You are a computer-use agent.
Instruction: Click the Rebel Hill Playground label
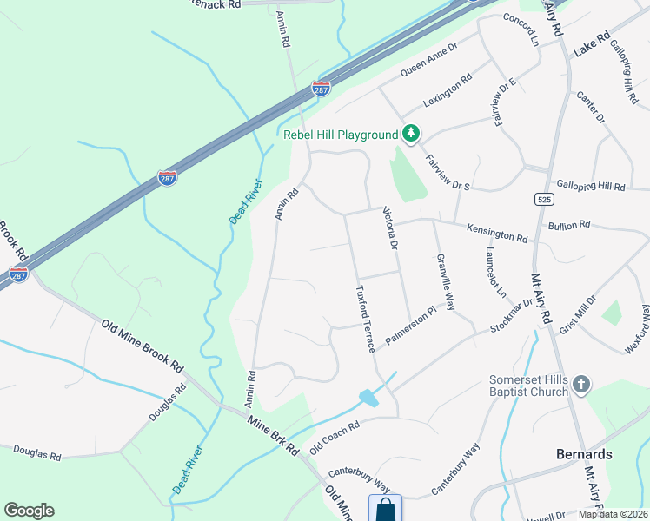point(340,135)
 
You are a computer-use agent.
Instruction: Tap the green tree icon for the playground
point(410,134)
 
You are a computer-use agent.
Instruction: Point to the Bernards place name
point(584,454)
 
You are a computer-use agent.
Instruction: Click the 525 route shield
point(541,199)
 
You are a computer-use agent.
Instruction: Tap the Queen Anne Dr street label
point(428,61)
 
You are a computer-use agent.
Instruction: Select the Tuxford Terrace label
point(364,318)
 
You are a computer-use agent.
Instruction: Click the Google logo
point(29,511)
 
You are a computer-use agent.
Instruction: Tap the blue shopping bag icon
point(385,509)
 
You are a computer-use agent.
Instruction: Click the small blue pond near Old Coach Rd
point(368,398)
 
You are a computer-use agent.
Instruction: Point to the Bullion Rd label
point(569,226)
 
